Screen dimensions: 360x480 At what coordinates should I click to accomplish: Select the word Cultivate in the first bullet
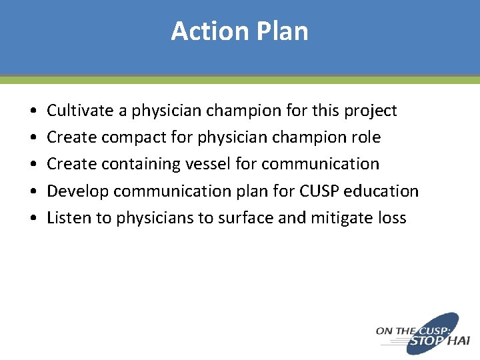[x=75, y=111]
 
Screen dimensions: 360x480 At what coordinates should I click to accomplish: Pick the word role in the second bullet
[x=367, y=137]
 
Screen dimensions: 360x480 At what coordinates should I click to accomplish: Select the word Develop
[x=77, y=191]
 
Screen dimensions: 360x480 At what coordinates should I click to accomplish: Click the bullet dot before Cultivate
[x=33, y=111]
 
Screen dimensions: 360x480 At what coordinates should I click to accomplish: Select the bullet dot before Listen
[x=33, y=219]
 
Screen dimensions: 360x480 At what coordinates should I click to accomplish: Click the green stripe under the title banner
[x=240, y=80]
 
